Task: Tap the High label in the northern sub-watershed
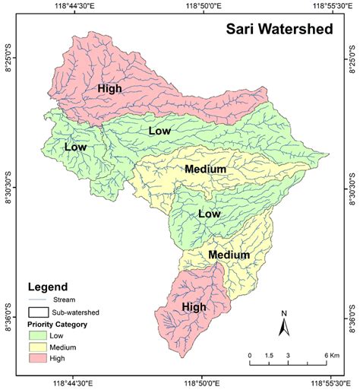coord(109,89)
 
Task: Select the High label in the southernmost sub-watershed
coord(194,306)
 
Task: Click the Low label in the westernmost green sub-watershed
coord(76,146)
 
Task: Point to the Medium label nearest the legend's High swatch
coord(229,255)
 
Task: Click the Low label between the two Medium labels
coord(209,214)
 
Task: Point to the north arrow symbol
coord(283,325)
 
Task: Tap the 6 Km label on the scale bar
coord(331,355)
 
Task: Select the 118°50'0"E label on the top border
coord(204,6)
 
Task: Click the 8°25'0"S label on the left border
coord(11,58)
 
